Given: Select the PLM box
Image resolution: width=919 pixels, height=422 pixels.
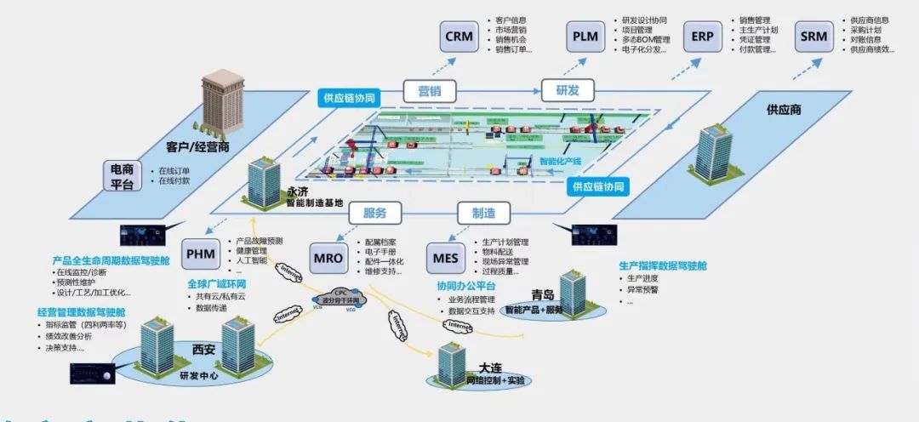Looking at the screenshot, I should (x=585, y=37).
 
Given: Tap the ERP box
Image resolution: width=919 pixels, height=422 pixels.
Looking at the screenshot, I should (x=703, y=37).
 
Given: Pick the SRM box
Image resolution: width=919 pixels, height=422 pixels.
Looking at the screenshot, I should (x=814, y=37).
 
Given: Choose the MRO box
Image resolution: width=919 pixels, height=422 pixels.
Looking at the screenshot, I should (x=328, y=257).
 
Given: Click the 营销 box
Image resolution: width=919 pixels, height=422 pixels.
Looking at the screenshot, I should (x=429, y=91).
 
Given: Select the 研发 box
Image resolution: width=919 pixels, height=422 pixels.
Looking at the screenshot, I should (x=568, y=91).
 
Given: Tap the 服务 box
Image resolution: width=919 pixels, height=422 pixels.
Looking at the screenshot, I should (x=374, y=213).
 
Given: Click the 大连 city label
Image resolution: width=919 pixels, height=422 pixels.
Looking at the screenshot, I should (x=490, y=368).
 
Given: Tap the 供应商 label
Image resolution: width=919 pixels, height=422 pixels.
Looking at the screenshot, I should (x=784, y=110).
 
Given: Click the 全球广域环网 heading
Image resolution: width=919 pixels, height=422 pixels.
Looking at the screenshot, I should (x=216, y=284).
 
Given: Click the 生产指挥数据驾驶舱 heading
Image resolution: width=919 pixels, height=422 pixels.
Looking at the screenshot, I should (x=663, y=265).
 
